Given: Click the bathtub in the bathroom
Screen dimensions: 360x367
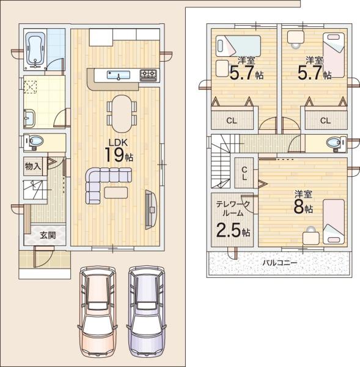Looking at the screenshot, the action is click(x=35, y=50).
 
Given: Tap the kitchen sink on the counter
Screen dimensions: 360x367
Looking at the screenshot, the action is click(x=119, y=75).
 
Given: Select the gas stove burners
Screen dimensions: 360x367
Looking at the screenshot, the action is click(x=149, y=75).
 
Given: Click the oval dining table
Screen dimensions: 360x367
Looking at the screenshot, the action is click(x=122, y=113).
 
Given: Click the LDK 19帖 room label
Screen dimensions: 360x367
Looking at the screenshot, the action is click(x=119, y=151).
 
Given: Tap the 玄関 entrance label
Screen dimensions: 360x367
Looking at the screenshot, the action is click(x=48, y=235).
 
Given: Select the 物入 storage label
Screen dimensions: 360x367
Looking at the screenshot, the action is click(x=33, y=166).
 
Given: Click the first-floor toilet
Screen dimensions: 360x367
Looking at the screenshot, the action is click(x=34, y=141).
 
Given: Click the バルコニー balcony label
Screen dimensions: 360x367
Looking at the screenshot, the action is click(x=279, y=262).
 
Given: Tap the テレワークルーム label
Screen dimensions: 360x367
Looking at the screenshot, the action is click(x=232, y=209).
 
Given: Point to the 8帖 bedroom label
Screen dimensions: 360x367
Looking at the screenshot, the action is click(x=303, y=202).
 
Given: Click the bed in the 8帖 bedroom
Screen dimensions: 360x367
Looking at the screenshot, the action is click(x=334, y=222).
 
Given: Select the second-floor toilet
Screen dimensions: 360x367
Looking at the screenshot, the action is click(x=336, y=143).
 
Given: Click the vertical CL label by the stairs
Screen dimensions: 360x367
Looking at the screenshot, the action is click(x=244, y=173).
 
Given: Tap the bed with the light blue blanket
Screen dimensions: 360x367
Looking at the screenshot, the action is click(x=238, y=46).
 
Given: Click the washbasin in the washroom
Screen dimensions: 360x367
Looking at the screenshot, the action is click(x=29, y=118).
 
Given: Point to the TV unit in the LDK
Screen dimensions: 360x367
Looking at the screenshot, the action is click(x=150, y=209).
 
